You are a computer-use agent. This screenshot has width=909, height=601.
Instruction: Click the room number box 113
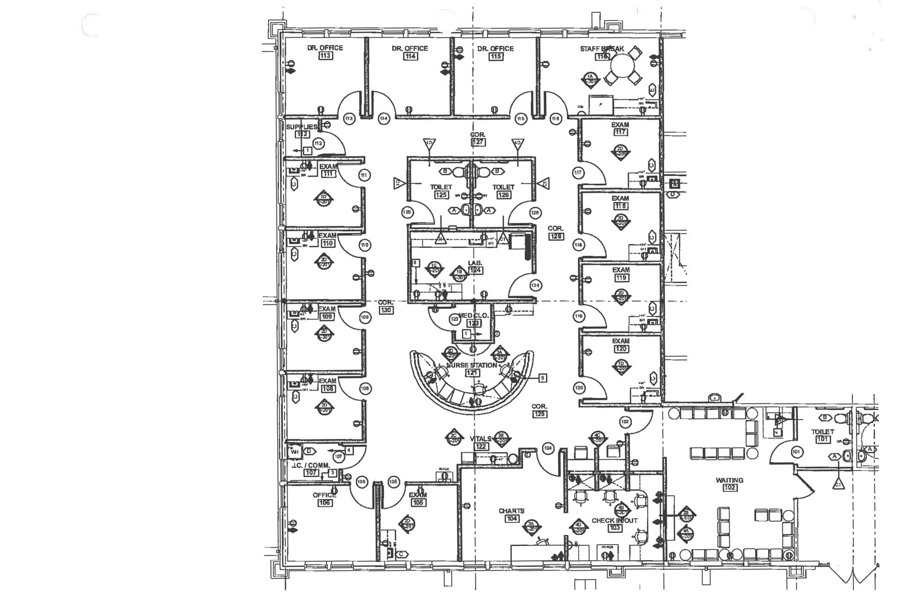(326, 56)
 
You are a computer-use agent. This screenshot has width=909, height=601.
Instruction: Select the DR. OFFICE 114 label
(410, 48)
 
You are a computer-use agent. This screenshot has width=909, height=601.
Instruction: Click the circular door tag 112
(318, 143)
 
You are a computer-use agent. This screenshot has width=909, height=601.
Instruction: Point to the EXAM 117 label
(620, 125)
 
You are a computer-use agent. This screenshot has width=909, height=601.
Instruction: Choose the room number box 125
(441, 195)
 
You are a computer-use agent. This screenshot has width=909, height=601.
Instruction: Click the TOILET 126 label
(503, 187)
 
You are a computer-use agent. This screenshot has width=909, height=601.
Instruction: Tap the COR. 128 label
(555, 229)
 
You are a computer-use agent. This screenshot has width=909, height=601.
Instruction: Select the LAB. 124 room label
(475, 263)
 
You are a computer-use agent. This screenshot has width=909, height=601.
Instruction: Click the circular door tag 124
(535, 285)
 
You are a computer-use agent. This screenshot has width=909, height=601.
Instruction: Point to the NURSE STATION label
(471, 365)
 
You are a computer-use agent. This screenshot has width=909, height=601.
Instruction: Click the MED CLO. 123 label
(473, 316)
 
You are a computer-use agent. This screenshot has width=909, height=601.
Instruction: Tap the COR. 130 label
(386, 302)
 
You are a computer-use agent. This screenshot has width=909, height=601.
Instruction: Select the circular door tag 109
(365, 317)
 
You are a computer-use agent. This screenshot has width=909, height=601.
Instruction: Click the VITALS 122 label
(481, 439)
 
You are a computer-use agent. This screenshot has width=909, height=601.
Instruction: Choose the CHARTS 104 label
(511, 511)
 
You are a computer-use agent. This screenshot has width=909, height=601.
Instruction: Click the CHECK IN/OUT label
(614, 520)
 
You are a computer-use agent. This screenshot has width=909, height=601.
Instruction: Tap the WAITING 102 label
(729, 480)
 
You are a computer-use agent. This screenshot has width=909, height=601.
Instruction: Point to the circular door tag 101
(796, 452)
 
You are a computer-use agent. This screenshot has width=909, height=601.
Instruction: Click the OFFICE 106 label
(324, 495)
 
